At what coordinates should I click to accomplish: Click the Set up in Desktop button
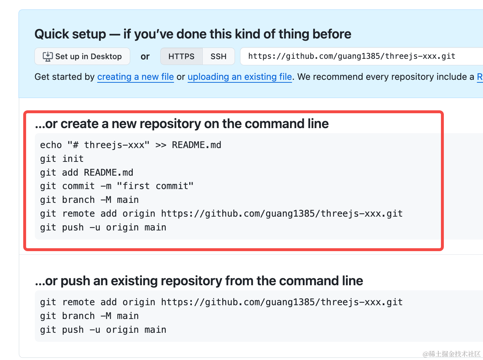coord(82,56)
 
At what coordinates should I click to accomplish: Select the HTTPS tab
coord(181,56)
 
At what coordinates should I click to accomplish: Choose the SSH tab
coord(219,56)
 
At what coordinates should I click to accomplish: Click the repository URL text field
coord(362,56)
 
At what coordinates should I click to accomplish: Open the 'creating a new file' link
coord(136,77)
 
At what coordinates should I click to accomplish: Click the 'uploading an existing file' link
coord(240,77)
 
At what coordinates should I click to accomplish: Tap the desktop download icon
coord(48,57)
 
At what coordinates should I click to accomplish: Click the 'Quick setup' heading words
coord(70,34)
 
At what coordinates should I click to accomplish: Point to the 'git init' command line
coord(62,159)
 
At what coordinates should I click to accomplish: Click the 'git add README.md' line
coord(86,172)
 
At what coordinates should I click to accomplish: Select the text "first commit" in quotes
coord(155,186)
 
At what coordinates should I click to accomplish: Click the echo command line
coord(131,145)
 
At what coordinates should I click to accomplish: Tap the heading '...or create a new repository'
coord(182,124)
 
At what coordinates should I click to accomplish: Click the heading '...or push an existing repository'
coord(199,281)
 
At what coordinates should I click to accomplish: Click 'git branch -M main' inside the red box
coord(89,200)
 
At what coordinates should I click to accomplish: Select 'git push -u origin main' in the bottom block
coord(103,330)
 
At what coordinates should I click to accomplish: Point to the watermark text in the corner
coord(451,354)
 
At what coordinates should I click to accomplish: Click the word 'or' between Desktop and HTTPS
coord(145,57)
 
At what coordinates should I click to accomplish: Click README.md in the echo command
coord(197,145)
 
